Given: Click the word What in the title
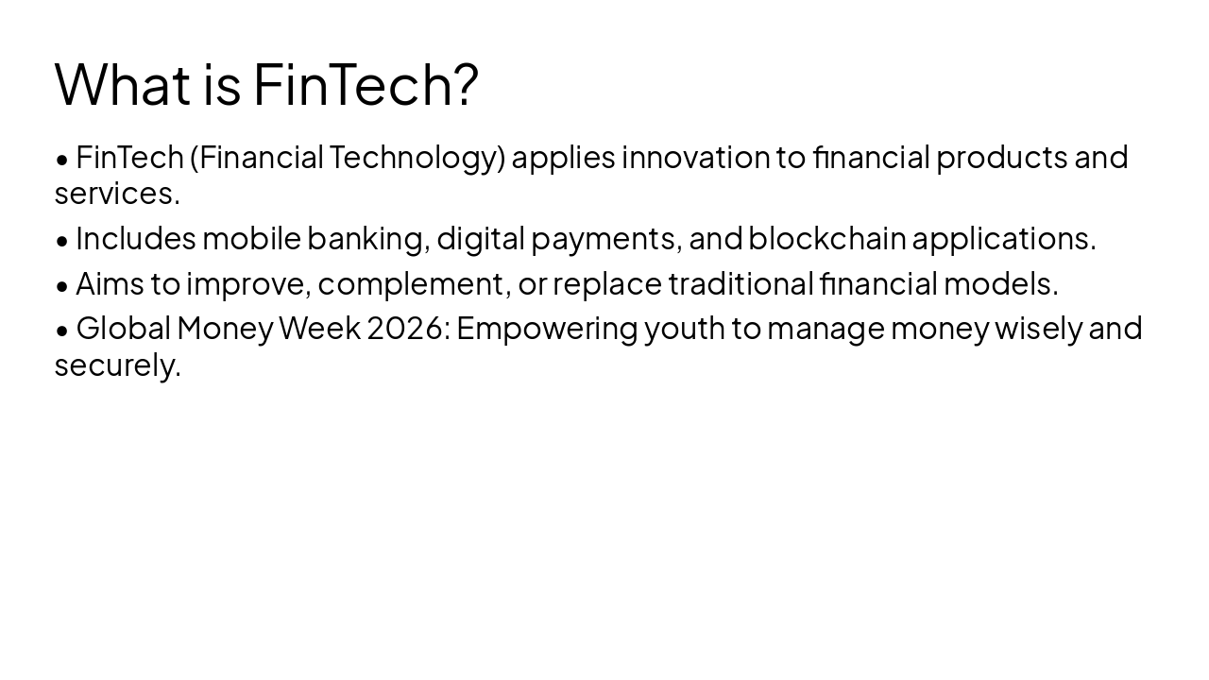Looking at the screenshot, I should (123, 83).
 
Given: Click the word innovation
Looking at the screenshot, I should (695, 157).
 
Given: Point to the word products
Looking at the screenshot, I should (1001, 157).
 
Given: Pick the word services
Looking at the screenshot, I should (116, 194).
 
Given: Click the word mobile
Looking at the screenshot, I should (251, 238).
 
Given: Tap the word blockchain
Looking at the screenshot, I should (827, 238).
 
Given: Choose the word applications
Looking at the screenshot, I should (1003, 238).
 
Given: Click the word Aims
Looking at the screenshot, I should (110, 282).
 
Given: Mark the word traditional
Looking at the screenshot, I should (741, 282).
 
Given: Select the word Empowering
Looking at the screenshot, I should (547, 329).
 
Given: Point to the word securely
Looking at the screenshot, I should (117, 365).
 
